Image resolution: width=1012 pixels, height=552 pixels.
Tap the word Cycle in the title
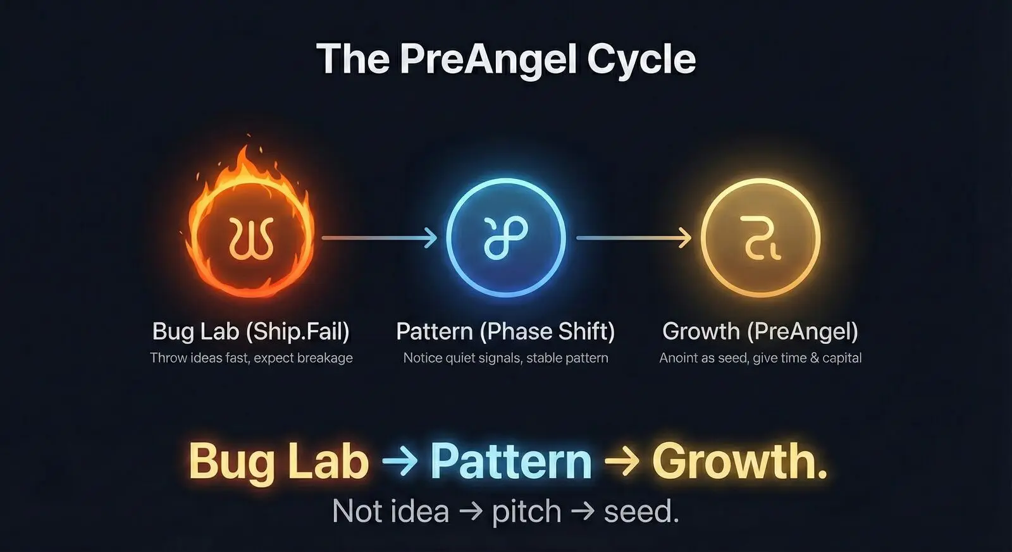(641, 59)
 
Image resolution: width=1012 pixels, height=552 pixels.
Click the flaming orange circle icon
(251, 238)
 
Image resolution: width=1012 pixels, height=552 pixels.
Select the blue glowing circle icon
(505, 238)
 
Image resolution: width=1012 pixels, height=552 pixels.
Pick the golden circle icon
(760, 238)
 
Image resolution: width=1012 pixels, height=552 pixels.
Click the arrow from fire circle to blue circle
(379, 238)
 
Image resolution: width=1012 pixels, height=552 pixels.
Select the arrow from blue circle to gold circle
(634, 238)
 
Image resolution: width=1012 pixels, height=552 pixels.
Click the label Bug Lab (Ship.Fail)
(251, 331)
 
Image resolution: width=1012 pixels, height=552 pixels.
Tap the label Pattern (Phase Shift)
(505, 331)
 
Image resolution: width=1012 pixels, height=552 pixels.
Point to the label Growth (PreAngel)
(760, 331)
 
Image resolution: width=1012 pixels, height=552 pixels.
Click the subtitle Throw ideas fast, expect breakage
(251, 358)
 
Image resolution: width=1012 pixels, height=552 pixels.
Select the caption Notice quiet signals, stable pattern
(505, 358)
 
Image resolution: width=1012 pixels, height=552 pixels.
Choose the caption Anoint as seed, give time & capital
(760, 358)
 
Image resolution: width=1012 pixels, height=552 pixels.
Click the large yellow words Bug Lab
(278, 461)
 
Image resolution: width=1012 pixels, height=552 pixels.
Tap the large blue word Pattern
(511, 461)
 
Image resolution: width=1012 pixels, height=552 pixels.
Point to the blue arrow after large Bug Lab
(400, 461)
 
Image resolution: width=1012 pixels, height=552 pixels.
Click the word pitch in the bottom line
(526, 511)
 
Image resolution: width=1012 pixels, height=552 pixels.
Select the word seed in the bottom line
(640, 511)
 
